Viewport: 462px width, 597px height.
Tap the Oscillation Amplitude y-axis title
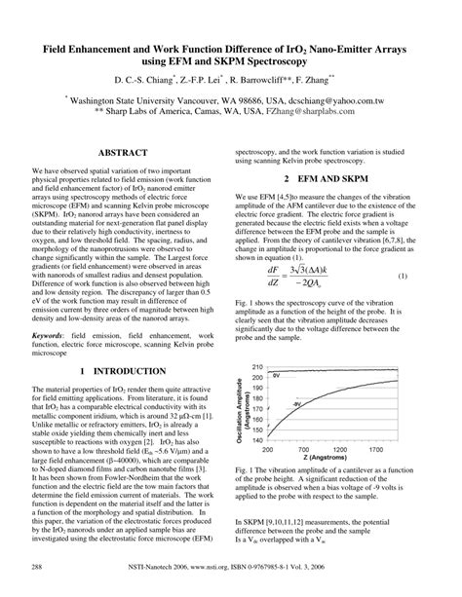pyautogui.click(x=236, y=407)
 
